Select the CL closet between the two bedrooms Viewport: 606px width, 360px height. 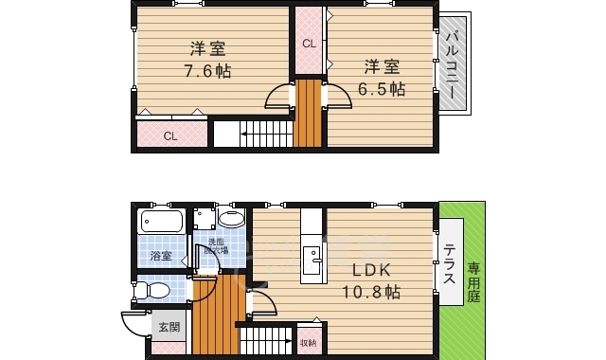(309, 44)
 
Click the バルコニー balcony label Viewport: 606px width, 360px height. (453, 64)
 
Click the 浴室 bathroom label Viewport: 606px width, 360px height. (160, 256)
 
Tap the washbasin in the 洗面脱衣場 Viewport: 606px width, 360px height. (231, 220)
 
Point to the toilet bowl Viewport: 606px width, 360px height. (156, 290)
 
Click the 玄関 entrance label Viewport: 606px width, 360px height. (169, 327)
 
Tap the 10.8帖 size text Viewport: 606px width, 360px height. (373, 293)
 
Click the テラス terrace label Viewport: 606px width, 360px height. (450, 262)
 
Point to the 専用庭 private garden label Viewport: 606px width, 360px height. (473, 282)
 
